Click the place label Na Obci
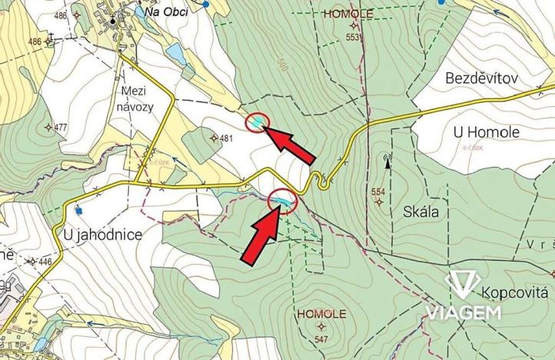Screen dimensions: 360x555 pos(166,12)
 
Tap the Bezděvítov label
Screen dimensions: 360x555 pos(483,78)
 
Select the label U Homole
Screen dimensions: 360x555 pos(486,132)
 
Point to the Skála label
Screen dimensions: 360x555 pos(420,212)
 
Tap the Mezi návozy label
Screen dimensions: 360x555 pos(136,98)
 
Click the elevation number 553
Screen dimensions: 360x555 pos(353,37)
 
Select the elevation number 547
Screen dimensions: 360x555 pos(321,338)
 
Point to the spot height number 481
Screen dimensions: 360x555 pos(225,138)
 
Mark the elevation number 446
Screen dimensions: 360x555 pos(45,262)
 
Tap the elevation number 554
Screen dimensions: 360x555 pos(377,192)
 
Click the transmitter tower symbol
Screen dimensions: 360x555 pos(387,162)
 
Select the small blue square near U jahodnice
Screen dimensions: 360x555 pos(78,208)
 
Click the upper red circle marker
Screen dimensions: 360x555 pos(257,122)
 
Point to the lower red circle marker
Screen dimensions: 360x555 pos(283,200)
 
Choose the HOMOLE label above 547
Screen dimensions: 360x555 pos(321,314)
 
